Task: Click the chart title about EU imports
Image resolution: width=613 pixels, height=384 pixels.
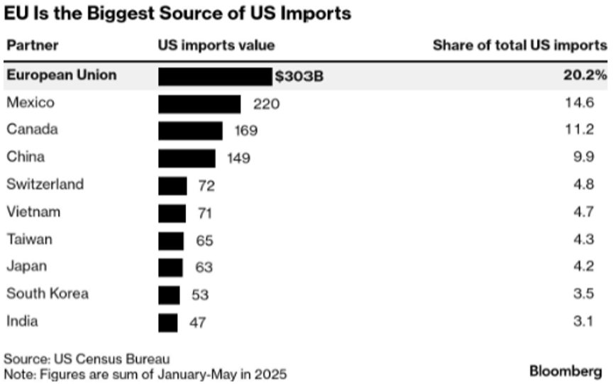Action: (x=177, y=13)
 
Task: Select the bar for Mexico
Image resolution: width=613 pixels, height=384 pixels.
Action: (x=199, y=104)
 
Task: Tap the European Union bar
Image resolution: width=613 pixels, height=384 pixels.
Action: (x=215, y=76)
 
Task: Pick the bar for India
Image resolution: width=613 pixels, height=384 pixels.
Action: (x=167, y=322)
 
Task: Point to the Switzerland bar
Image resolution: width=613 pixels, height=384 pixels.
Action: (x=172, y=185)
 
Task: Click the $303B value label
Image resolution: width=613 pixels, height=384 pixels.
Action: (x=299, y=76)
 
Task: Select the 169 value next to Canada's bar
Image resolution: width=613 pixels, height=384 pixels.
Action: (x=245, y=131)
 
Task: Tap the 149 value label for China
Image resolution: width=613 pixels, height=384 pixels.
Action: (x=238, y=158)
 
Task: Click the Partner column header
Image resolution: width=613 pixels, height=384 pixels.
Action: (x=32, y=46)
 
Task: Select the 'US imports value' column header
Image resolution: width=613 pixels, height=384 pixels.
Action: (x=216, y=46)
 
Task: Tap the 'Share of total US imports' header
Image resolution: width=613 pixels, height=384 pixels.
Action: (x=519, y=46)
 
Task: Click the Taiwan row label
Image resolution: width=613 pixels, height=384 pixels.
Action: (x=29, y=240)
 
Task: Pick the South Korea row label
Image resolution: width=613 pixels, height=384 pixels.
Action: (x=48, y=294)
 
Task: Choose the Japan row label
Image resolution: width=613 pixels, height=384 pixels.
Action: (x=27, y=267)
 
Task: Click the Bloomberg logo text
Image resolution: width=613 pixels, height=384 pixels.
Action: (x=565, y=371)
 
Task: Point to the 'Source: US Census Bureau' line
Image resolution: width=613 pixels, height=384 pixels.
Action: (x=87, y=359)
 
